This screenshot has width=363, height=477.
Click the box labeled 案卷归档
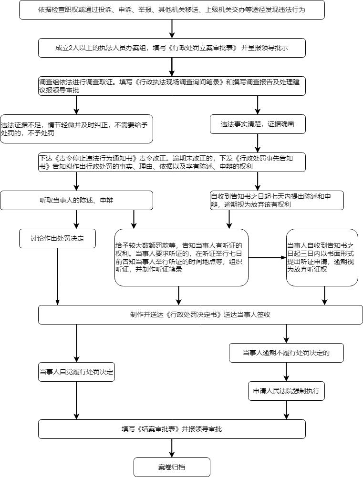pyautogui.click(x=172, y=467)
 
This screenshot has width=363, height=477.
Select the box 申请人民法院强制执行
pyautogui.click(x=286, y=391)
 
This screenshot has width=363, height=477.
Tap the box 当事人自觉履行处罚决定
pyautogui.click(x=76, y=372)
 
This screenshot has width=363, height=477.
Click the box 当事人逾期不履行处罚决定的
pyautogui.click(x=286, y=353)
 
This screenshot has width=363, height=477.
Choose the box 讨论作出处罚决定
pyautogui.click(x=58, y=238)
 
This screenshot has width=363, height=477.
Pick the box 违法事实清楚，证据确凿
pyautogui.click(x=258, y=124)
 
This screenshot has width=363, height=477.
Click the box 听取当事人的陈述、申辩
pyautogui.click(x=76, y=201)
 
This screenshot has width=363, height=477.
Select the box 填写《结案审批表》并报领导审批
pyautogui.click(x=172, y=429)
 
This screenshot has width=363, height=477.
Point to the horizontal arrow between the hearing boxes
pyautogui.click(x=268, y=258)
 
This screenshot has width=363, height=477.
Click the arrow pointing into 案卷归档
pyautogui.click(x=172, y=448)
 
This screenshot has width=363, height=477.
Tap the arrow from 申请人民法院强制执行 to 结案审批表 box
pyautogui.click(x=286, y=410)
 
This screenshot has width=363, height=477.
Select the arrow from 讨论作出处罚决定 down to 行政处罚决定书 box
pyautogui.click(x=58, y=276)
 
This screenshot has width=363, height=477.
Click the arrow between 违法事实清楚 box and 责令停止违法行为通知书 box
pyautogui.click(x=258, y=143)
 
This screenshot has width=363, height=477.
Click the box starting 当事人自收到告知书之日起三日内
pyautogui.click(x=322, y=258)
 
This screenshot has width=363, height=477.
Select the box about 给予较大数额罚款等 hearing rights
pyautogui.click(x=181, y=258)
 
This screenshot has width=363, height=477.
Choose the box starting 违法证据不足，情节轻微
pyautogui.click(x=76, y=129)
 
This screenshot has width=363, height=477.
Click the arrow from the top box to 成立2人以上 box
pyautogui.click(x=172, y=29)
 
